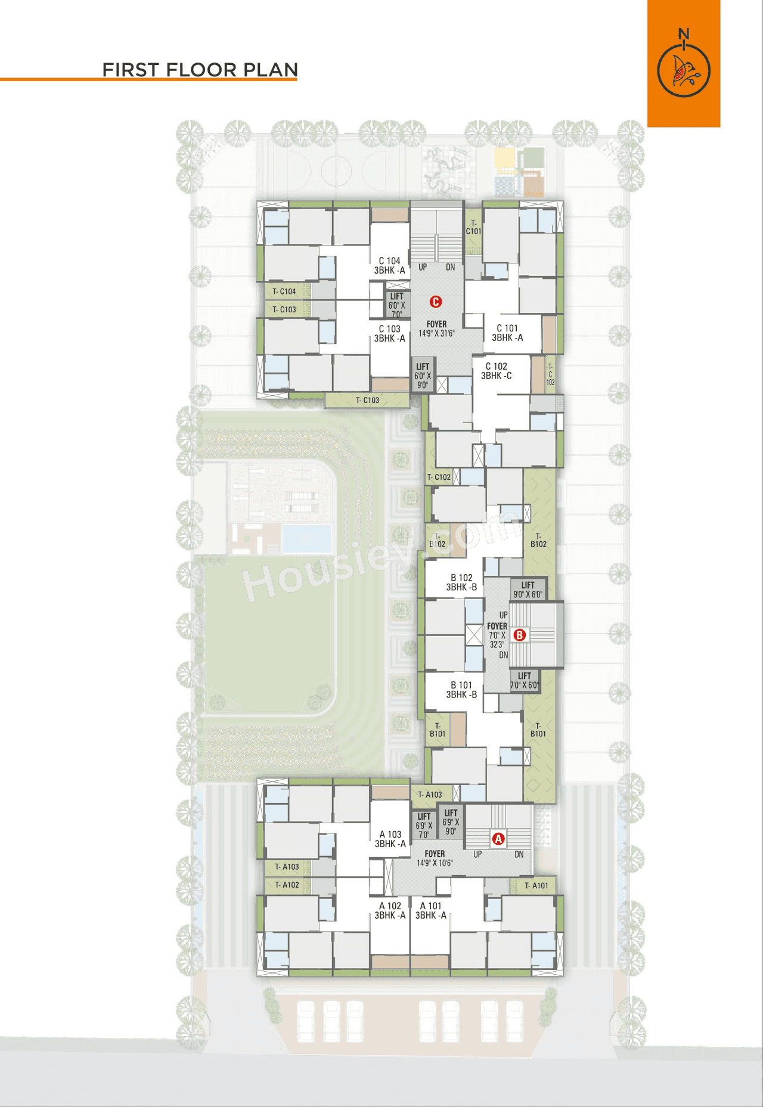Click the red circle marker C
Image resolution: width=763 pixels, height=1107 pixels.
(436, 302)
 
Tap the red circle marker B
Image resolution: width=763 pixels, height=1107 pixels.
(519, 635)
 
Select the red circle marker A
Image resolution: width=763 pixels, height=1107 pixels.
(498, 839)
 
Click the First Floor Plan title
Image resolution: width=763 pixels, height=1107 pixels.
(200, 70)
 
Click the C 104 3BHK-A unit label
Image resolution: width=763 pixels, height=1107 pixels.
(389, 266)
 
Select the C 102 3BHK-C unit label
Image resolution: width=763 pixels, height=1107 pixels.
(496, 371)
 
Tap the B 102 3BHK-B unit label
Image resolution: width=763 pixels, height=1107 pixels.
(461, 582)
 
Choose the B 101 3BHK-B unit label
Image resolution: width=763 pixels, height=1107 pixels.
(461, 690)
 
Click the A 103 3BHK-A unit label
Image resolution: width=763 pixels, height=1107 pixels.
(390, 839)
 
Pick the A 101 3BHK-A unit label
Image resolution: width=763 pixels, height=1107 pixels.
(430, 910)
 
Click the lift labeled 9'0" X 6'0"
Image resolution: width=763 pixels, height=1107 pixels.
(528, 590)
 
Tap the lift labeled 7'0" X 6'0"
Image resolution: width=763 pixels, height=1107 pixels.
(525, 681)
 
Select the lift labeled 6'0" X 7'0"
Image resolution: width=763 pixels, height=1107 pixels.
(397, 305)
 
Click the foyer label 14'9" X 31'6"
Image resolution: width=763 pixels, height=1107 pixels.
(436, 329)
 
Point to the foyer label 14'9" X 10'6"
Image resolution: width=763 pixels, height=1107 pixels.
(435, 858)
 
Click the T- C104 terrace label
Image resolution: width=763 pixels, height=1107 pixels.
(284, 292)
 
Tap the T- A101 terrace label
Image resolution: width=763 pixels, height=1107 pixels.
(536, 886)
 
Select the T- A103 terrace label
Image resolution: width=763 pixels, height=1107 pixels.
(430, 795)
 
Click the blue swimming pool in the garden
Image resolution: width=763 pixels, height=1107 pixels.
(306, 539)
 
